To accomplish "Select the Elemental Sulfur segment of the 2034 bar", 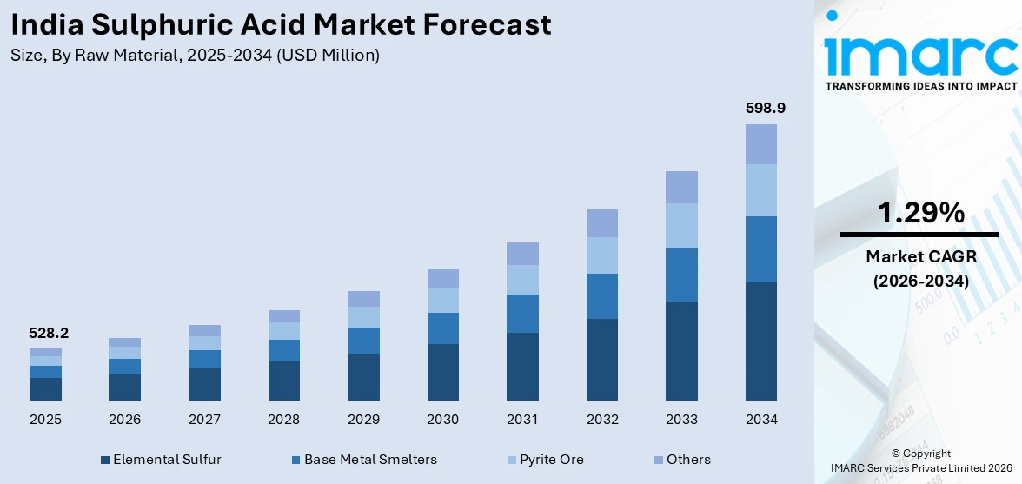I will tap(761, 341).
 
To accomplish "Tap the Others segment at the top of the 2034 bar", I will tap(761, 144).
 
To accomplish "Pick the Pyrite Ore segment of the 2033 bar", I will tap(681, 225).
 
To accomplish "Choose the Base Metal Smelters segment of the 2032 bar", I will tap(601, 296).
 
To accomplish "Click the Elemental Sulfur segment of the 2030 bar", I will tap(442, 372).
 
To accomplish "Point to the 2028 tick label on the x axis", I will tap(283, 420).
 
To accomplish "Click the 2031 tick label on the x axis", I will tap(522, 420).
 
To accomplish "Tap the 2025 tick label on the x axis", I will tap(45, 420).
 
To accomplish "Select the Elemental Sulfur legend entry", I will tap(161, 460).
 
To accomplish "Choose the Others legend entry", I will tap(681, 460).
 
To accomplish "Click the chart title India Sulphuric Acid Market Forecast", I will tap(281, 24).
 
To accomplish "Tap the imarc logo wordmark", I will tap(919, 54).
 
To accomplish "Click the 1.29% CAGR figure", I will tap(919, 212).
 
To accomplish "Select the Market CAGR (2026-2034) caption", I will tap(919, 269).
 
